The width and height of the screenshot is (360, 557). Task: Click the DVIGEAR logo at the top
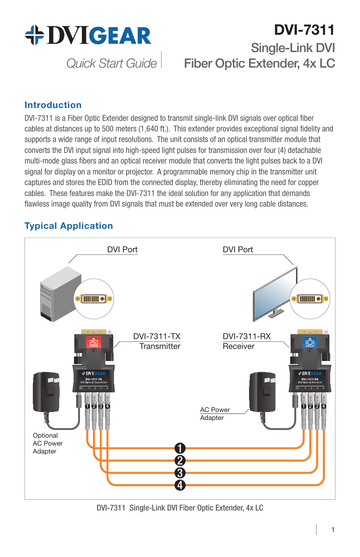[88, 35]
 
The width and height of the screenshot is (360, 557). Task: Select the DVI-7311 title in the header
[304, 30]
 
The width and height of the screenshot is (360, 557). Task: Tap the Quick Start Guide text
[111, 63]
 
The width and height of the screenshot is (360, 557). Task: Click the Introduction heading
[53, 105]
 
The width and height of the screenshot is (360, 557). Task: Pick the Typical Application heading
[69, 226]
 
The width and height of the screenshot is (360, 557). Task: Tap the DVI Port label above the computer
[122, 250]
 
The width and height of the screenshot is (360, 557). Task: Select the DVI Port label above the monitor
[238, 250]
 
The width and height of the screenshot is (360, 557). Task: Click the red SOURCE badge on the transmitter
[94, 343]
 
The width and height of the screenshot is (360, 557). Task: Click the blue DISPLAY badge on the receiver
[310, 343]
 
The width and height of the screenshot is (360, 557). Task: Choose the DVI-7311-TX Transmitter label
[157, 341]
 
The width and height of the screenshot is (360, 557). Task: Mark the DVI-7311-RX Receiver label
[246, 341]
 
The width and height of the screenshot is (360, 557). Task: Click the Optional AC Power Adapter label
[47, 443]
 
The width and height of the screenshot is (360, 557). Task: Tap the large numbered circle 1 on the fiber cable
[180, 448]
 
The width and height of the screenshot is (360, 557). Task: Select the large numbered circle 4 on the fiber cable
[180, 485]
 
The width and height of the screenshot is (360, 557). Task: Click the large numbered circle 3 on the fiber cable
[180, 473]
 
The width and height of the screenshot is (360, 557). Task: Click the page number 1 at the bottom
[333, 529]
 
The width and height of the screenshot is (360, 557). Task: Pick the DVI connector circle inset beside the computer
[94, 299]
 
